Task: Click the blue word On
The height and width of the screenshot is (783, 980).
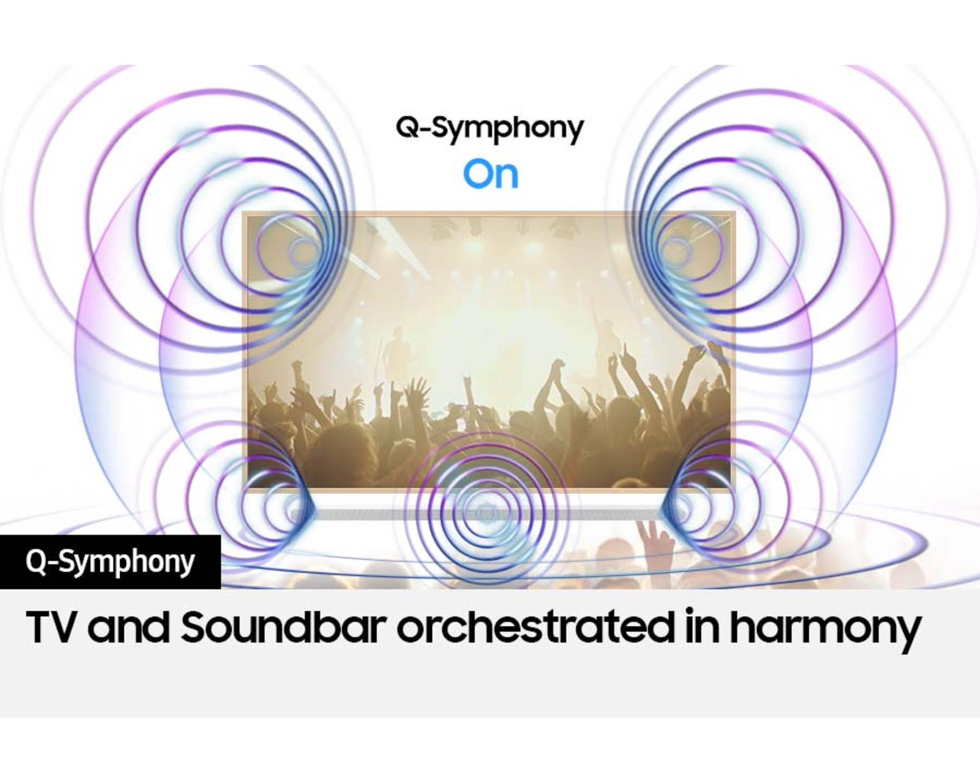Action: click(x=490, y=175)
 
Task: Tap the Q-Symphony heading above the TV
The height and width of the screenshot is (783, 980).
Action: click(x=490, y=128)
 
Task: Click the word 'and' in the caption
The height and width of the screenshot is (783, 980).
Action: click(x=128, y=626)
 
